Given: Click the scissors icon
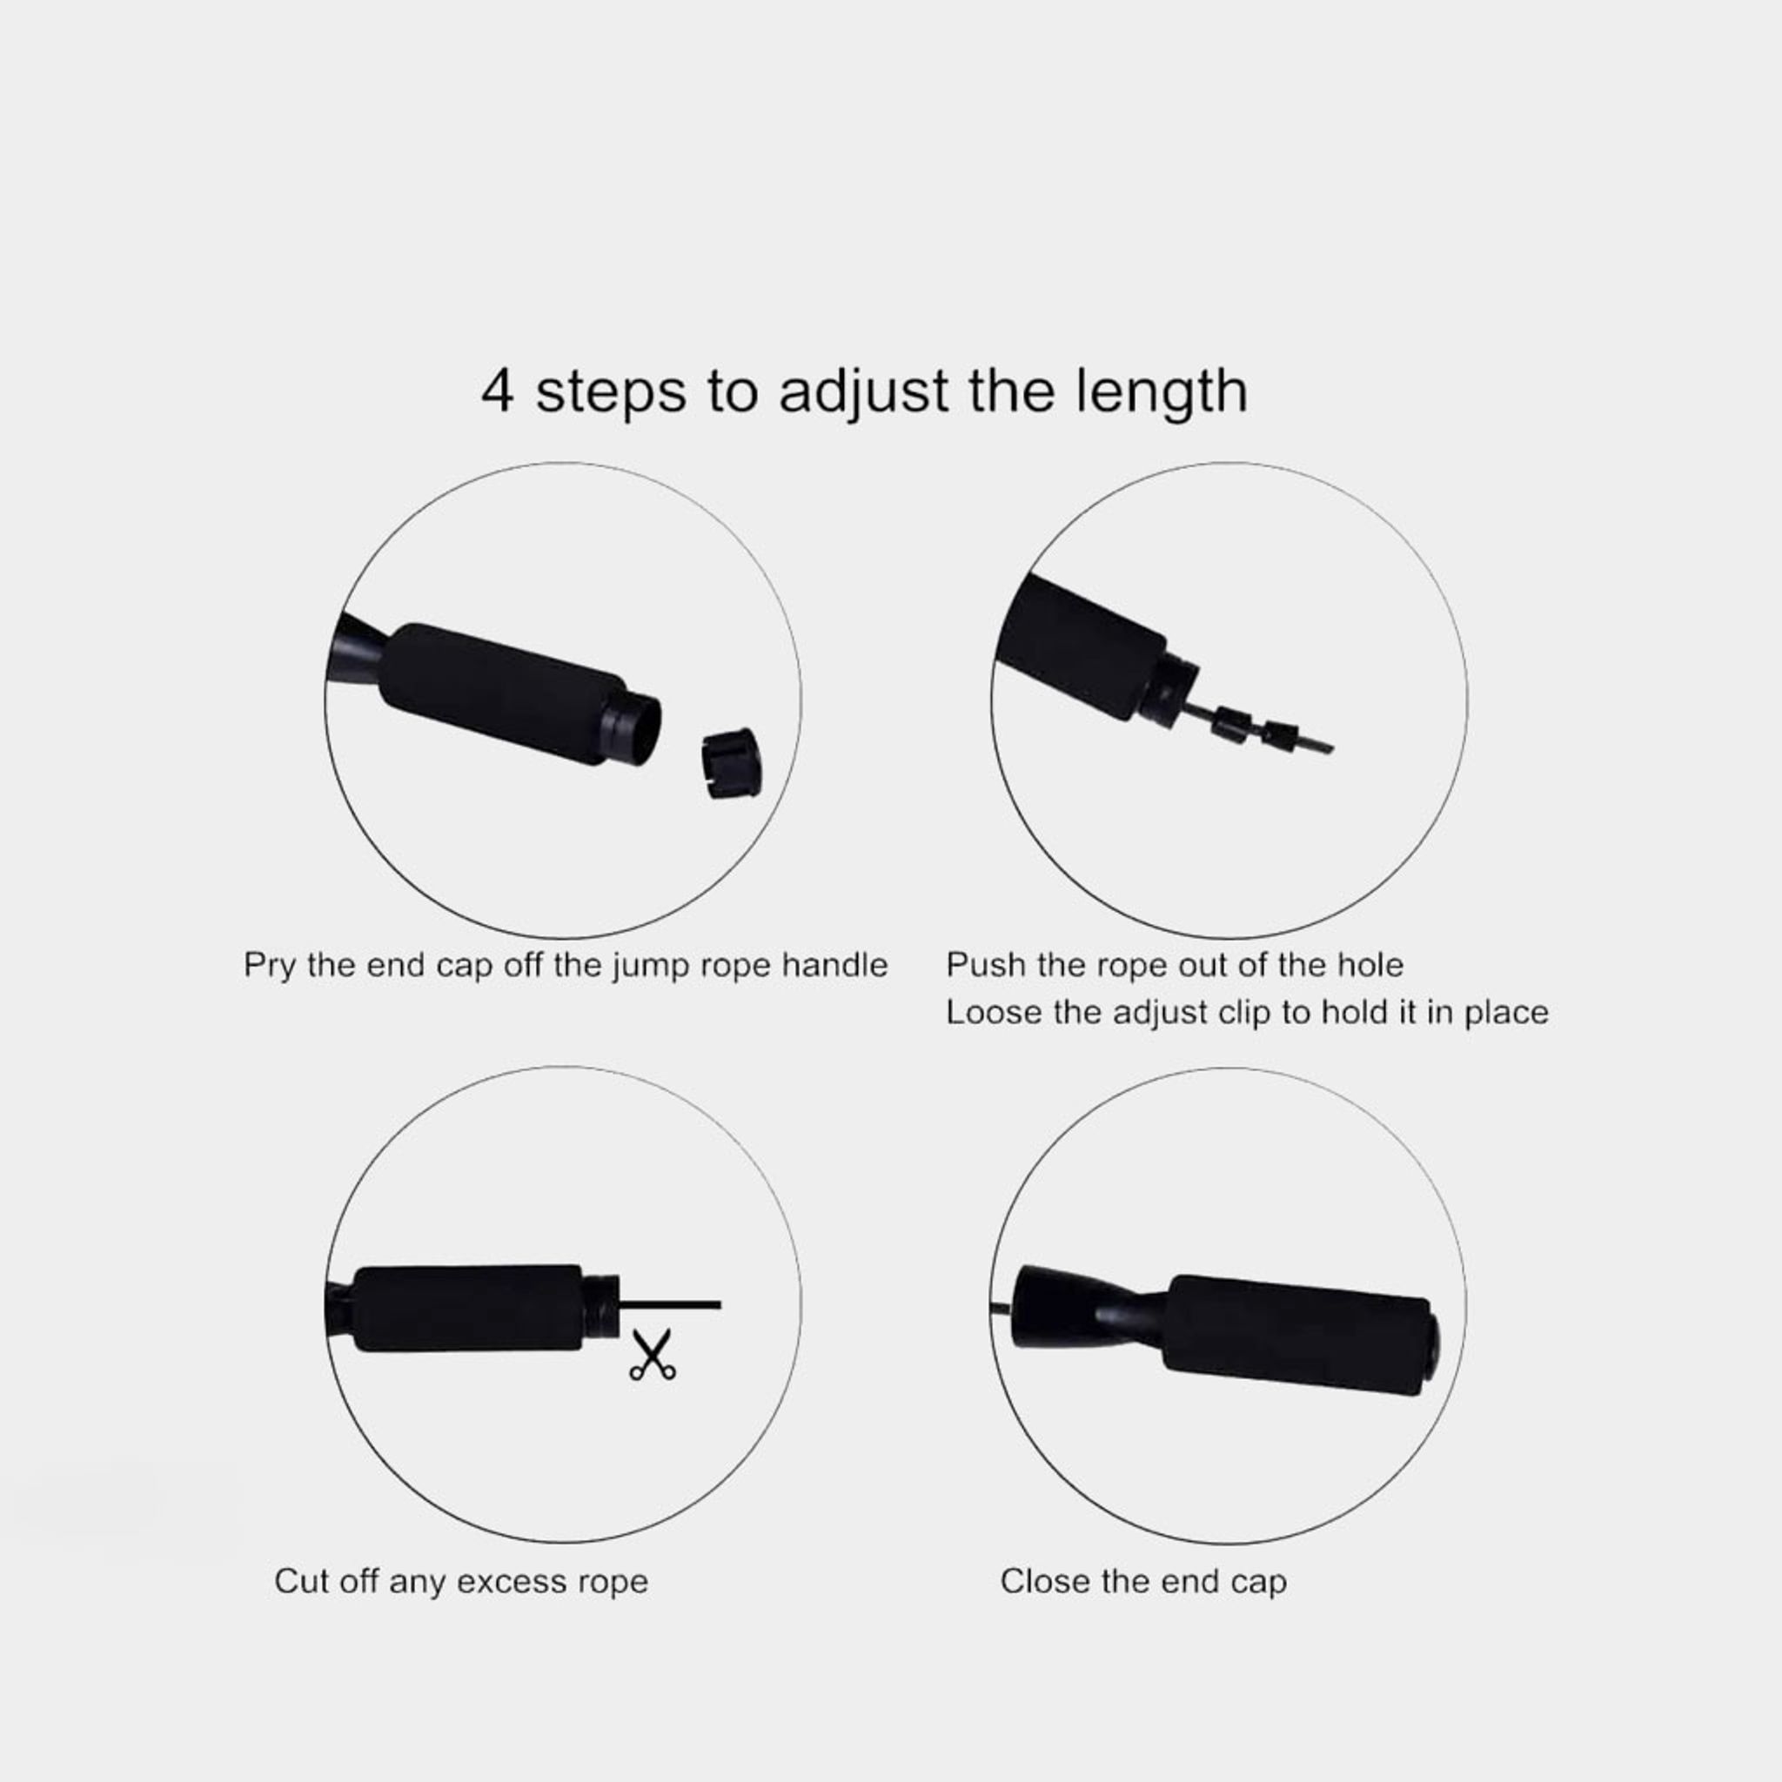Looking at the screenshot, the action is pos(652,1356).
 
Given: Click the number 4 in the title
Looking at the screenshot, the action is pos(498,391).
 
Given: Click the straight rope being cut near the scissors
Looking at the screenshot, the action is pos(670,1304).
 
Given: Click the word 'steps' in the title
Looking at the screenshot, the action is pos(612,393).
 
